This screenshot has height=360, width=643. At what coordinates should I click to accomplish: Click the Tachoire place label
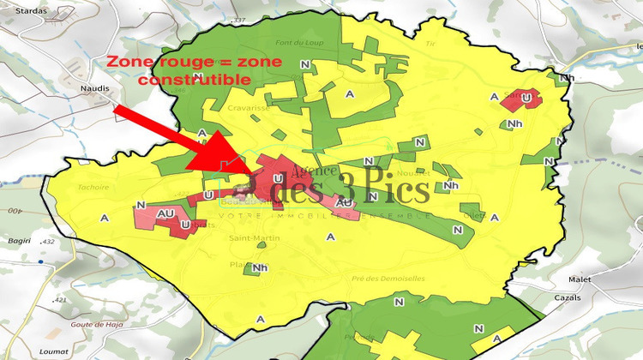pyautogui.click(x=93, y=187)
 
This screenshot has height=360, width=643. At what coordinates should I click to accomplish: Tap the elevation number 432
pyautogui.click(x=47, y=243)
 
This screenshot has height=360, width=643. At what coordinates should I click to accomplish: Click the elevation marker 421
pyautogui.click(x=59, y=300)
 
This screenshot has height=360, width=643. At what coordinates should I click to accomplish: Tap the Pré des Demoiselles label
pyautogui.click(x=388, y=279)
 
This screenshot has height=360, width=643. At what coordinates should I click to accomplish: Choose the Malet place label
pyautogui.click(x=580, y=279)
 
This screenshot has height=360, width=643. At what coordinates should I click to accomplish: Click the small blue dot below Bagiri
pyautogui.click(x=40, y=257)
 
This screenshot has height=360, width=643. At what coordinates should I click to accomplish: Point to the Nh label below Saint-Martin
pyautogui.click(x=260, y=268)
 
